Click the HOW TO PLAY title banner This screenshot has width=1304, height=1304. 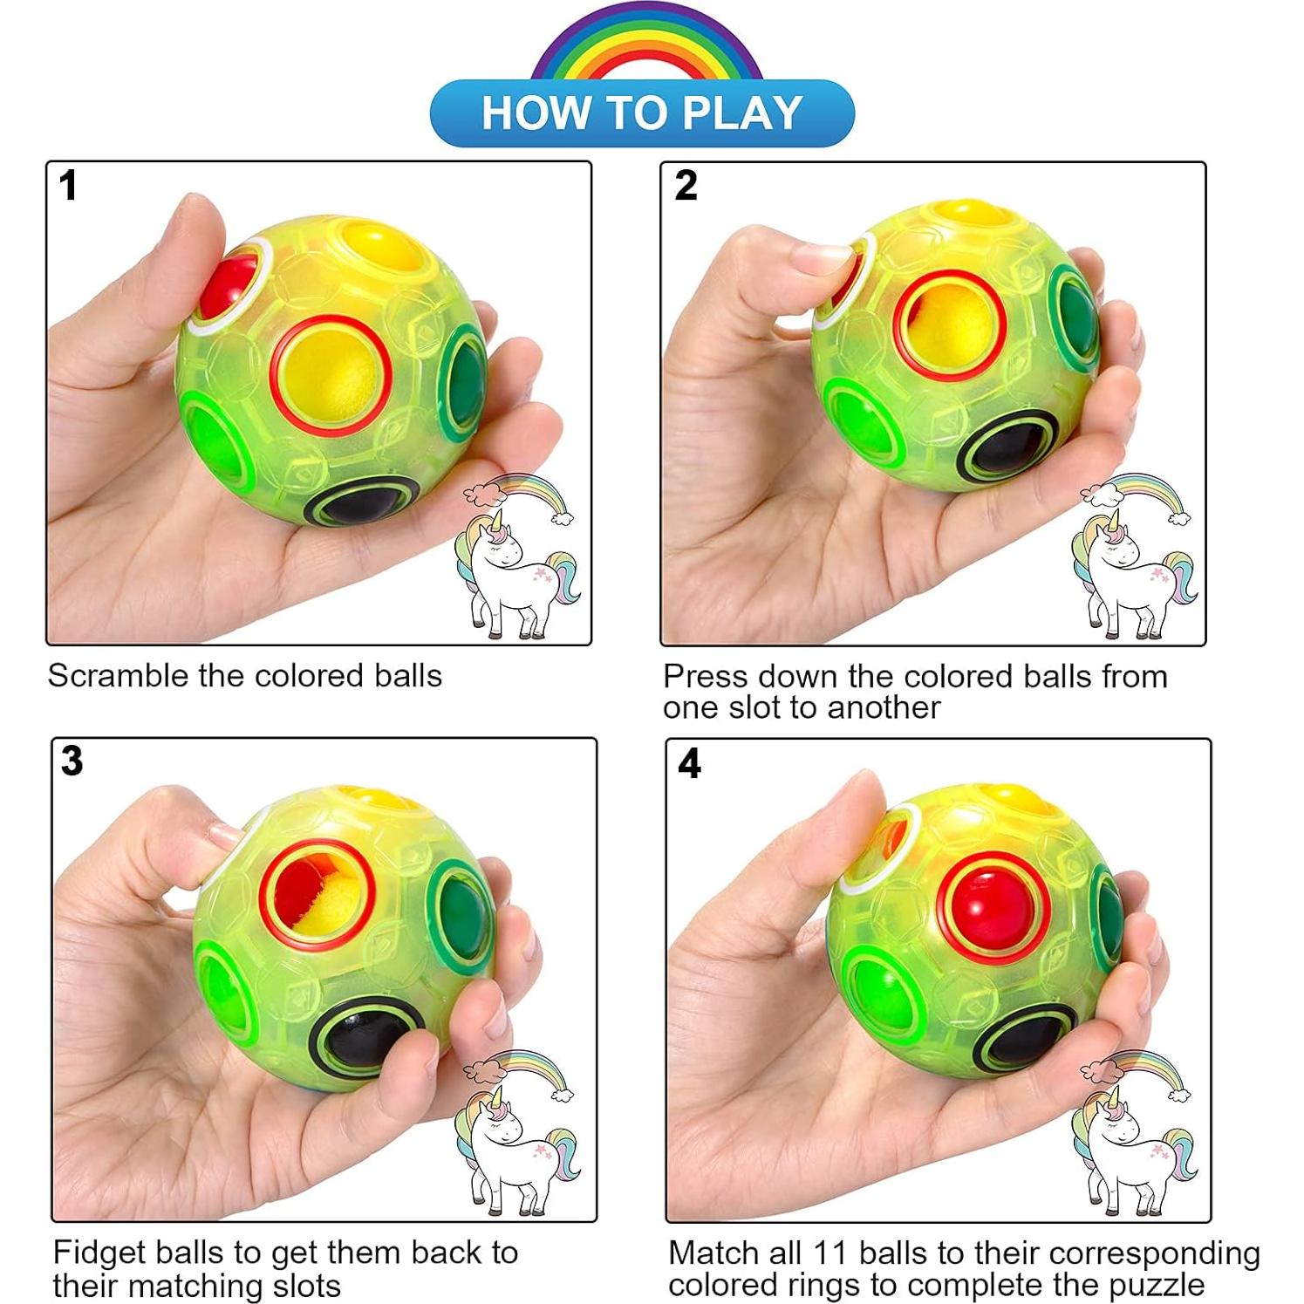tap(642, 113)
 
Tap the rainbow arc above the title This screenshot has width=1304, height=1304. tap(646, 39)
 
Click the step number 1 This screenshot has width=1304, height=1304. tap(68, 186)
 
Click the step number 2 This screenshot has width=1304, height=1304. tap(686, 186)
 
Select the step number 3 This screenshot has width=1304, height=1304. tap(72, 761)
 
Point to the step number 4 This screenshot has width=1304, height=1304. tap(689, 763)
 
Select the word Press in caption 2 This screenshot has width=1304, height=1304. tap(707, 677)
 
